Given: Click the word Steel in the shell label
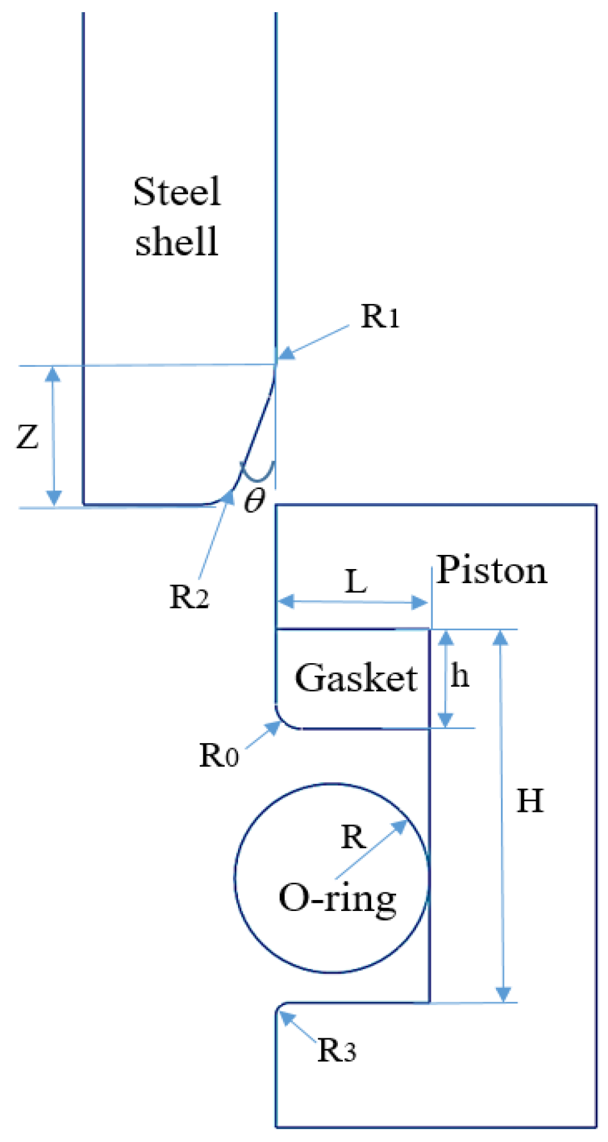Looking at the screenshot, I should pyautogui.click(x=177, y=191).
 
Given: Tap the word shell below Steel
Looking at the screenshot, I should pyautogui.click(x=177, y=242).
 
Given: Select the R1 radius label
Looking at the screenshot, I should pyautogui.click(x=380, y=316).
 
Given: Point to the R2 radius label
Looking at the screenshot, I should pyautogui.click(x=189, y=597).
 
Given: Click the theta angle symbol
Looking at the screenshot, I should pyautogui.click(x=253, y=499).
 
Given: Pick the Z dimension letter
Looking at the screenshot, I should pyautogui.click(x=28, y=437).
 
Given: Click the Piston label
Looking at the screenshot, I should pyautogui.click(x=492, y=570).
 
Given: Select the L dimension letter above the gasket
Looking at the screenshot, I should pyautogui.click(x=356, y=582).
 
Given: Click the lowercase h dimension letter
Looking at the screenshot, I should pyautogui.click(x=460, y=676).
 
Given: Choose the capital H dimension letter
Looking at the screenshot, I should pyautogui.click(x=530, y=801).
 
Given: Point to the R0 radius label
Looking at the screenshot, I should pyautogui.click(x=219, y=755).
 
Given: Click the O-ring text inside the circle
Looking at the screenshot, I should pyautogui.click(x=337, y=899).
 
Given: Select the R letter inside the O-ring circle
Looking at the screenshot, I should pyautogui.click(x=353, y=837).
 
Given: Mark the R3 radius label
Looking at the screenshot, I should pyautogui.click(x=337, y=1050).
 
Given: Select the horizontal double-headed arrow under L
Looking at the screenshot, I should pyautogui.click(x=353, y=602).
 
